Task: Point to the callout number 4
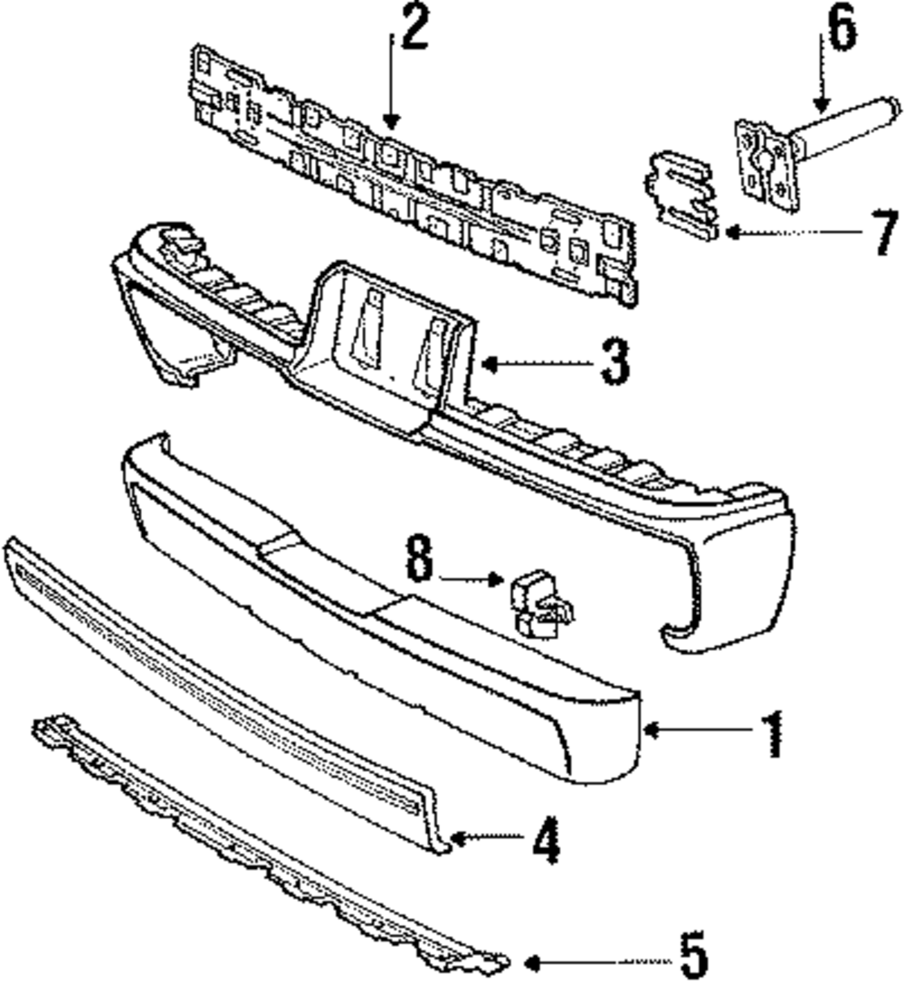(546, 841)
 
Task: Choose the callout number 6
(841, 32)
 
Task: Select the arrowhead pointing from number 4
(456, 839)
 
